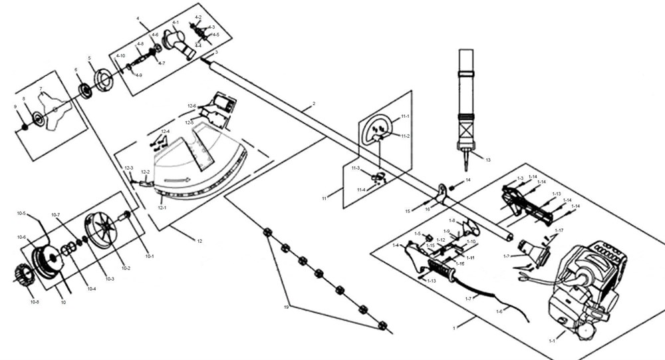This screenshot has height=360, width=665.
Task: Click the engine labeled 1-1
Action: tap(585, 286)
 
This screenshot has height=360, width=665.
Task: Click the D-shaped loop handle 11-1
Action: tap(376, 129)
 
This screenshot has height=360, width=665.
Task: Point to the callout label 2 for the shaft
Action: tap(313, 104)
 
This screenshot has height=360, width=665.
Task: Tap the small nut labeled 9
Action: tap(23, 126)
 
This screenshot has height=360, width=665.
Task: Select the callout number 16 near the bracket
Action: tap(428, 208)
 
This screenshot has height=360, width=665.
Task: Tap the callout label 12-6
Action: tap(192, 106)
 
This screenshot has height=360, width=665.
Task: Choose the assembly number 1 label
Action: tap(454, 328)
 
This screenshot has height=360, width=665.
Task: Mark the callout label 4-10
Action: tap(120, 55)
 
